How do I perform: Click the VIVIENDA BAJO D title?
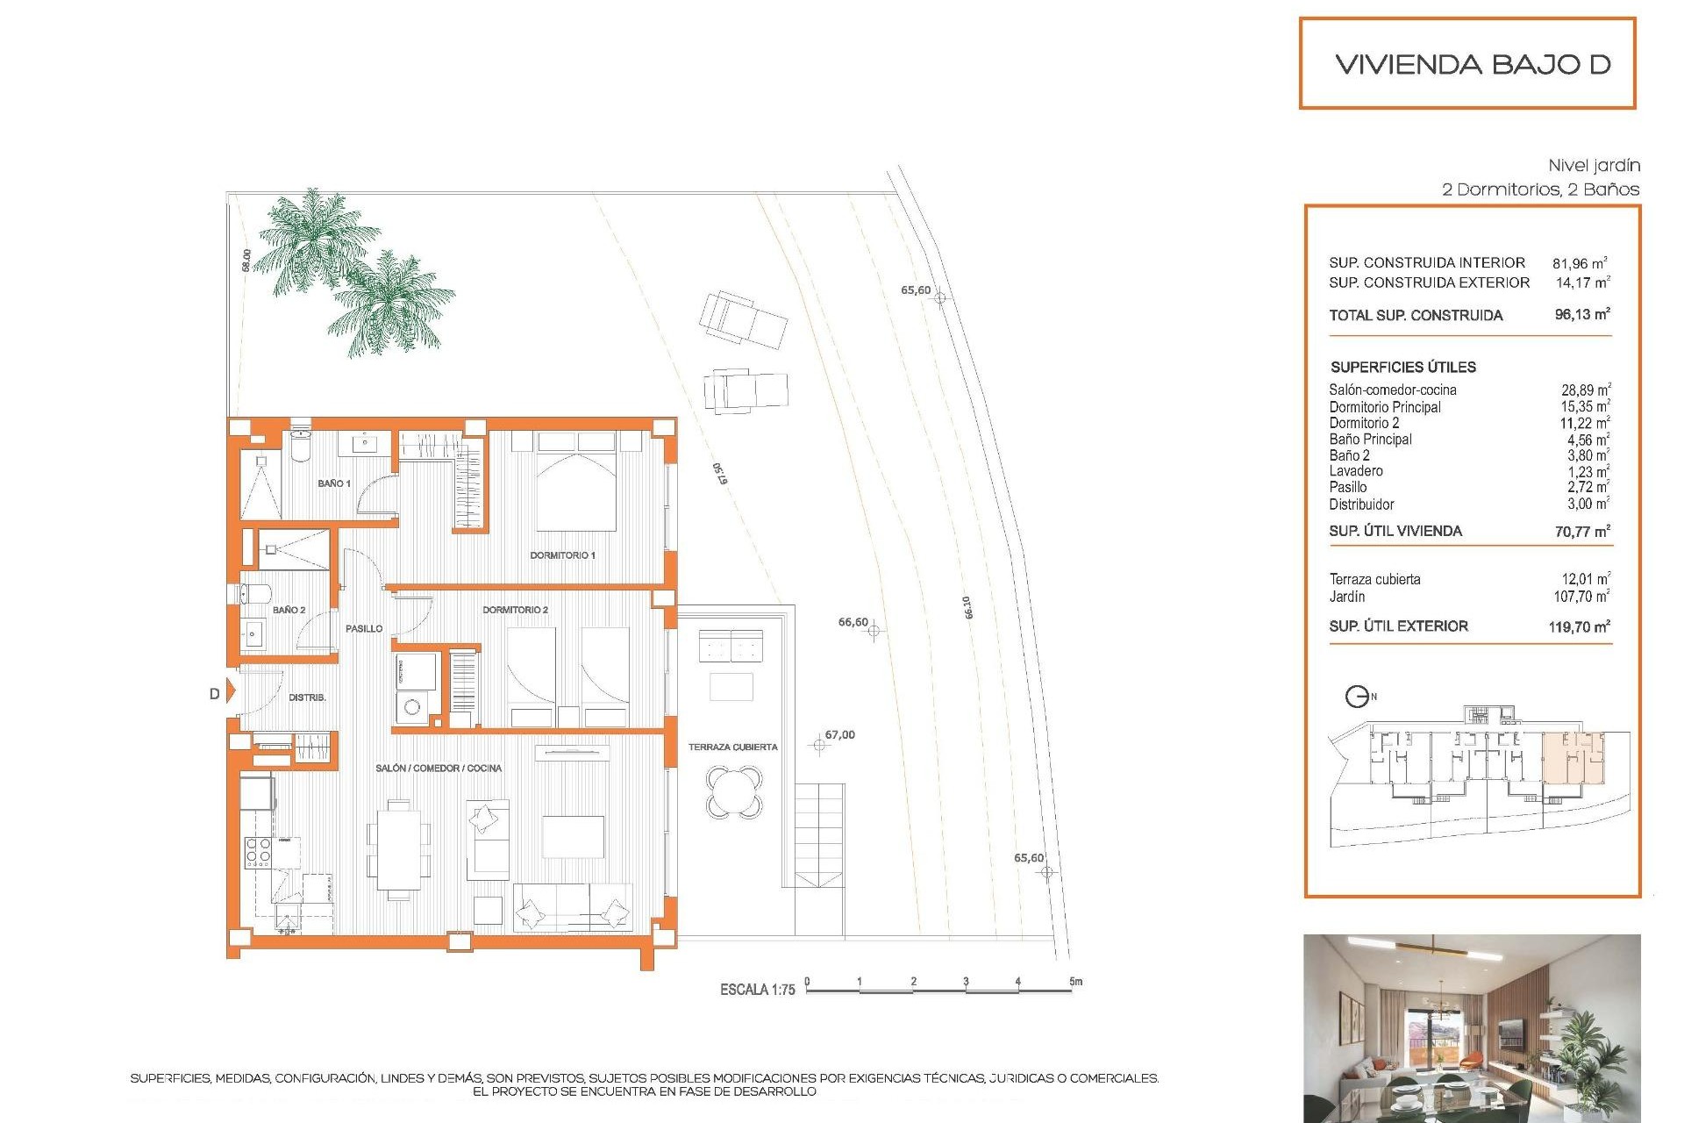(1472, 64)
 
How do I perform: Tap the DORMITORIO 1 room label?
(562, 555)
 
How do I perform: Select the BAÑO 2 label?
(289, 610)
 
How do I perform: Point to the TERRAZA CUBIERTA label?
(732, 747)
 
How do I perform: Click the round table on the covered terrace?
(734, 792)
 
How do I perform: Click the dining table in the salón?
(399, 846)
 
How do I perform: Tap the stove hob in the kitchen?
(258, 852)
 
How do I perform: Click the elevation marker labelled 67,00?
(819, 745)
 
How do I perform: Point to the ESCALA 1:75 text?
(757, 990)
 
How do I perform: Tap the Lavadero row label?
(1355, 471)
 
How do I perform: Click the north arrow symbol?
(1357, 697)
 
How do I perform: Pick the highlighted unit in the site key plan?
(1573, 759)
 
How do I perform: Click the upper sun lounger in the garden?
(743, 321)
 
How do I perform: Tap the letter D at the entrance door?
(214, 694)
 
